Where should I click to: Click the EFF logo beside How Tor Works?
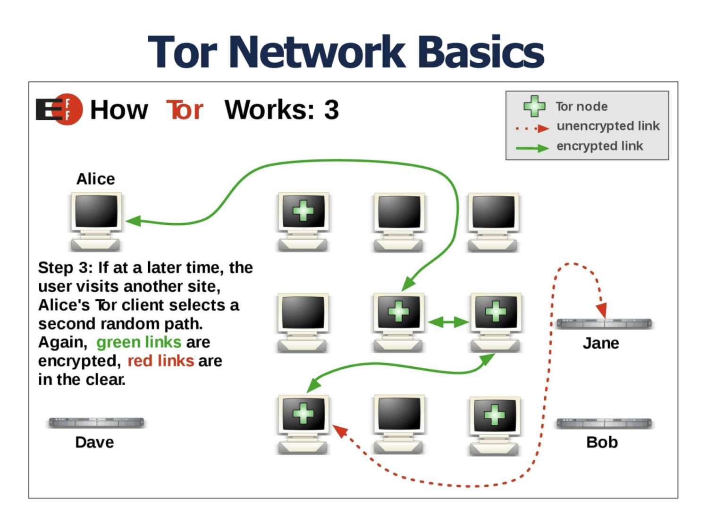(59, 109)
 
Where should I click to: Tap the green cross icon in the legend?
(534, 106)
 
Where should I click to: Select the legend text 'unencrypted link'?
(608, 126)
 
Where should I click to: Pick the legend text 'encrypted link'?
(599, 146)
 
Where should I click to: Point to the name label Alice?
(96, 179)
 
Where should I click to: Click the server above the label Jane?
(604, 324)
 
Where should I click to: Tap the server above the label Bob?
(604, 423)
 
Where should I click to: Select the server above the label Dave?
(96, 422)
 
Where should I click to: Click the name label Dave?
(94, 442)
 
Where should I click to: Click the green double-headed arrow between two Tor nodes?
(448, 322)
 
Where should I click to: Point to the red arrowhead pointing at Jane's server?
(602, 310)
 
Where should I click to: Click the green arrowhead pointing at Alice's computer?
(133, 221)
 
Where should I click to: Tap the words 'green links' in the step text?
(139, 342)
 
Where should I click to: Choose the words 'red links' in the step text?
(160, 361)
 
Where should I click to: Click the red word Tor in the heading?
(185, 110)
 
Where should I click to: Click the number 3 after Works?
(331, 110)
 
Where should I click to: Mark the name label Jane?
(600, 343)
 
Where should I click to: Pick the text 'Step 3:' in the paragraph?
(65, 268)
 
